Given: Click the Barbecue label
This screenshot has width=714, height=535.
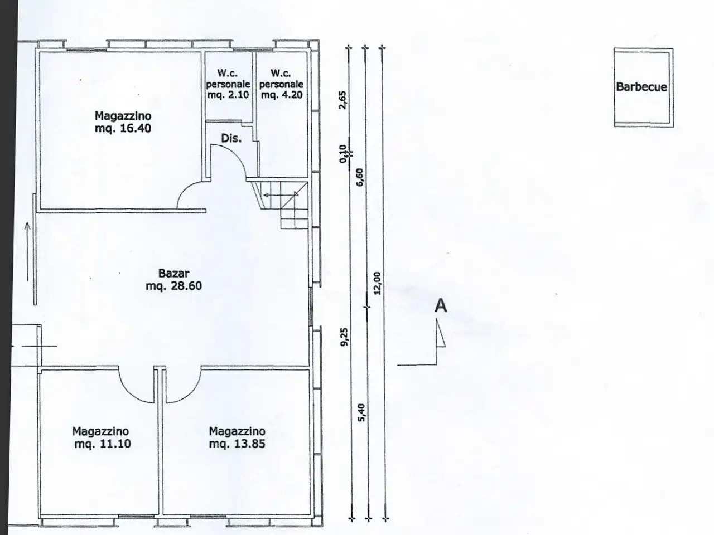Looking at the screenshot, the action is click(x=641, y=87).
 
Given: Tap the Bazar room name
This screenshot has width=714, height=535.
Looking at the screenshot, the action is click(x=173, y=273).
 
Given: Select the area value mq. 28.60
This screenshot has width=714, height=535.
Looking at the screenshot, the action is click(x=173, y=286).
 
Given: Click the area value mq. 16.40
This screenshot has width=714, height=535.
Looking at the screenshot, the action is click(x=123, y=128).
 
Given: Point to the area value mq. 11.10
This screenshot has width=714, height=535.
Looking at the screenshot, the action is click(x=103, y=444).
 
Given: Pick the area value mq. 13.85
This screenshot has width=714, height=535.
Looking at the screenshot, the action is click(x=237, y=444).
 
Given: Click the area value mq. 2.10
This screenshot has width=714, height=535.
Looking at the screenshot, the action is click(x=228, y=95).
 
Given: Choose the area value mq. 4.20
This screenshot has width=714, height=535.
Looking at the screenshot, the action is click(x=282, y=95).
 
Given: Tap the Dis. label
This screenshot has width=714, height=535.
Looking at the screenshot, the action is click(x=231, y=138).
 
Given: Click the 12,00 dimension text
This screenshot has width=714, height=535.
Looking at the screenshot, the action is click(x=377, y=283).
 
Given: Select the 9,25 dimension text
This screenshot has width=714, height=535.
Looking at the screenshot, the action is click(x=344, y=337).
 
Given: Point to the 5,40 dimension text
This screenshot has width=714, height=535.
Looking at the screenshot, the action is click(x=361, y=412).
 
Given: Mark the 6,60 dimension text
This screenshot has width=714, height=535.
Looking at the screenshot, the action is click(x=360, y=177).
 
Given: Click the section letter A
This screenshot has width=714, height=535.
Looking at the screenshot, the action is click(x=441, y=306).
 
